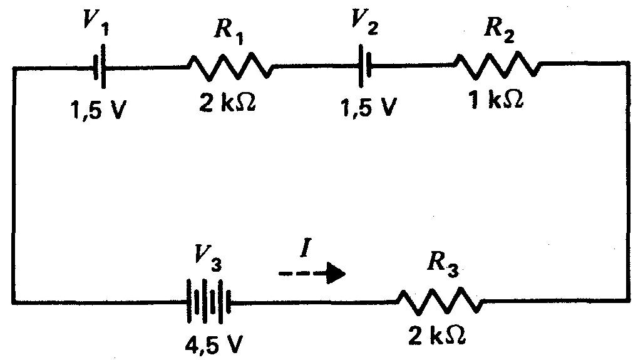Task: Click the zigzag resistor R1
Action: [x=230, y=66]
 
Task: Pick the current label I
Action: [x=305, y=250]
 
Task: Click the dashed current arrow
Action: [x=311, y=273]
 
